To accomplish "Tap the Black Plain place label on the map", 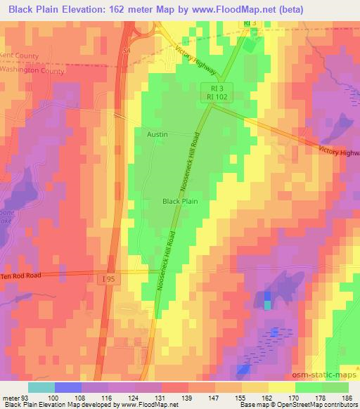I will (180, 201).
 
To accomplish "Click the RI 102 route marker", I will (215, 98).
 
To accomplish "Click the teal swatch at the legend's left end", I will (41, 387).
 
